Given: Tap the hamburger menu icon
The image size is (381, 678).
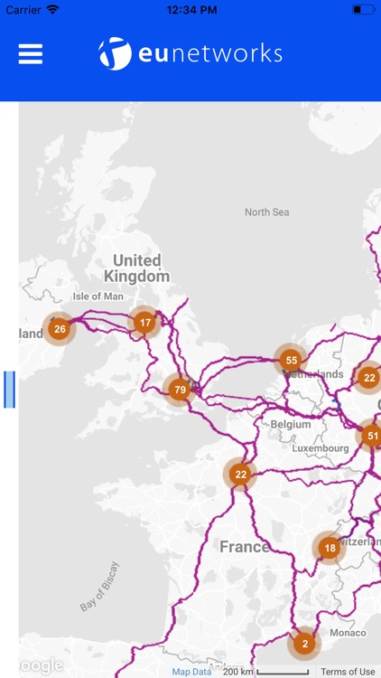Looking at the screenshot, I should click(x=31, y=54).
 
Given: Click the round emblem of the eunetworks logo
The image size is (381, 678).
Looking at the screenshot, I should click(x=115, y=54).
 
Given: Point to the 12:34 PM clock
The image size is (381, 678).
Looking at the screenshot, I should click(x=190, y=9).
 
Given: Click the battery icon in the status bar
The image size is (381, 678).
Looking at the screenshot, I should click(x=363, y=9).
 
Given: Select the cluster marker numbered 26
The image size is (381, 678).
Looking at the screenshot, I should click(x=60, y=328).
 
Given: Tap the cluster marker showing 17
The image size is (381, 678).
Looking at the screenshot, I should click(x=144, y=322).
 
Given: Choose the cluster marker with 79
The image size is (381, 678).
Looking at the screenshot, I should click(x=180, y=391).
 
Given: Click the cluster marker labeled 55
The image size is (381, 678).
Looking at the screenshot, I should click(x=290, y=360).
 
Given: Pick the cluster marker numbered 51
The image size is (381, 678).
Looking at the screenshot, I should click(x=371, y=436).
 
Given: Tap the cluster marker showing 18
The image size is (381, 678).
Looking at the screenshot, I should click(x=330, y=548).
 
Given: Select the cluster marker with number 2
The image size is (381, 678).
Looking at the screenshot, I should click(x=304, y=644).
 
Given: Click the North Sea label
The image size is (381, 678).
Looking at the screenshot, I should click(x=266, y=212).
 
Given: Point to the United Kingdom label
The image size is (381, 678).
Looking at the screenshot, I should click(x=137, y=268).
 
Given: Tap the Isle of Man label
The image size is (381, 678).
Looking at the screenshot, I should click(x=98, y=297).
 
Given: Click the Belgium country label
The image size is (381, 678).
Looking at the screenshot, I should click(x=291, y=424).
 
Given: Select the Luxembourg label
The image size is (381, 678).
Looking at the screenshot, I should click(x=321, y=448).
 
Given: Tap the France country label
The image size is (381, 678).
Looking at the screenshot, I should click(x=244, y=547).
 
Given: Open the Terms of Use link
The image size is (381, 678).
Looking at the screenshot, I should click(x=348, y=672).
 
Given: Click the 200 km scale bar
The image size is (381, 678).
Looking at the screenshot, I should click(x=270, y=672).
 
